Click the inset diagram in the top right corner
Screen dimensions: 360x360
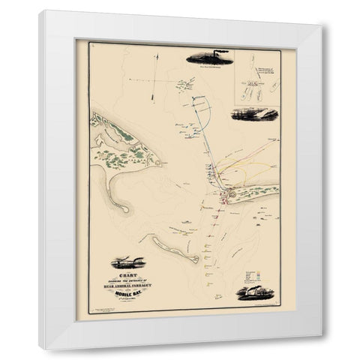pyautogui.click(x=254, y=83)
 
